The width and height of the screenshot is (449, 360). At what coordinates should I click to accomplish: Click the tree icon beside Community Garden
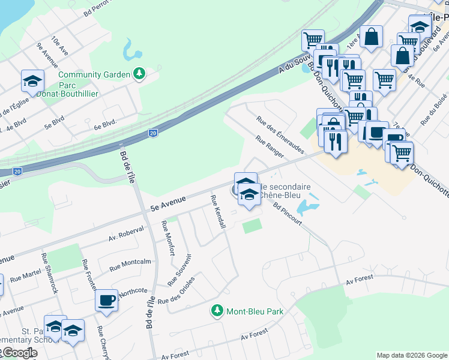[x=139, y=74]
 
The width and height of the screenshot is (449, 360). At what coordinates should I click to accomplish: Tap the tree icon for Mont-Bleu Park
[x=217, y=311]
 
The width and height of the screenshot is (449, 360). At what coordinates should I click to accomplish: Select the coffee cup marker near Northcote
[x=107, y=299]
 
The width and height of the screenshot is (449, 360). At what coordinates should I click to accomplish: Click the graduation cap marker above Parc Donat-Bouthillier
[x=33, y=80]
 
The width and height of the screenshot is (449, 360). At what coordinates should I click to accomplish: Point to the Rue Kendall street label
[x=218, y=211]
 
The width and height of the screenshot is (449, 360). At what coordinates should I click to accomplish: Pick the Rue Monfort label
[x=167, y=238]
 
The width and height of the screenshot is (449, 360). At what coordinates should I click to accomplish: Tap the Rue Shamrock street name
[x=50, y=272]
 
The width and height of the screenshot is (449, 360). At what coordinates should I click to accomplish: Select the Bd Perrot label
[x=100, y=7]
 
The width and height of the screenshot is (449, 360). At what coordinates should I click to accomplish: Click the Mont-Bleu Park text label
[x=255, y=311]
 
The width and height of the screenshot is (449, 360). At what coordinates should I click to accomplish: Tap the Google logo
[x=19, y=353]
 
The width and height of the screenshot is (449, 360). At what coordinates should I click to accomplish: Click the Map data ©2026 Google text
[x=412, y=355]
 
